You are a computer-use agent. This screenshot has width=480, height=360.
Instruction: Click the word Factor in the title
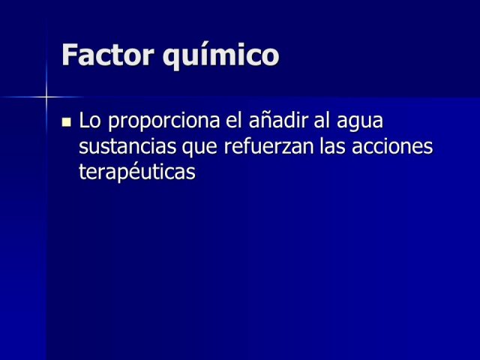pos(108,55)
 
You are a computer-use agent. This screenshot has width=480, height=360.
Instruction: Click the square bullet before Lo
pos(67,122)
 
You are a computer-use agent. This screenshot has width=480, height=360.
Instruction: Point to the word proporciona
pos(163,121)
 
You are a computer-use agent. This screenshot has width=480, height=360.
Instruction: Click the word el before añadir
pos(234,120)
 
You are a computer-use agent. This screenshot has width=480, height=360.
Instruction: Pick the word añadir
pos(278,120)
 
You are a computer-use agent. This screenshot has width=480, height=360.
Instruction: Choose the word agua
pos(360,121)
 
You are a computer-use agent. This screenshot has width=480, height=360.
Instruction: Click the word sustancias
pos(127,146)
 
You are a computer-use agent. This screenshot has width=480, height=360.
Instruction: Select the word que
pos(200,148)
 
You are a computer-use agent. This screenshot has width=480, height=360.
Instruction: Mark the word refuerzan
pos(269,146)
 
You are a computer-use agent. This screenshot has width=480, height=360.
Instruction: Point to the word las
pos(332,146)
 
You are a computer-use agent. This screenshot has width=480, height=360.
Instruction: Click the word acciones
pos(392,146)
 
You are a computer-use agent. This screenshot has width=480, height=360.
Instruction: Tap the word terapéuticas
pos(137,172)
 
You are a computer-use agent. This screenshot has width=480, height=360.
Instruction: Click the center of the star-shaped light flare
pos(46,97)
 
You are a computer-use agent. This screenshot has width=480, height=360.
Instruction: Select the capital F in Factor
pos(69,55)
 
